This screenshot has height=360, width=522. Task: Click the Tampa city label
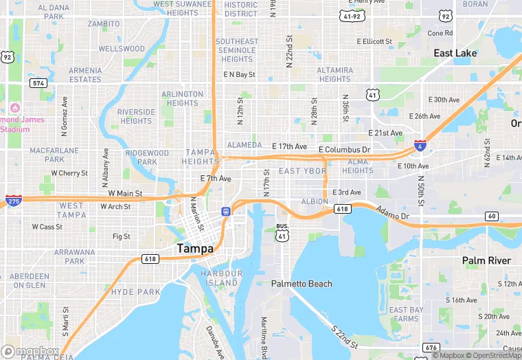click(x=195, y=248)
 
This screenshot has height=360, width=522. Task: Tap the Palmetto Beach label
click(x=302, y=284)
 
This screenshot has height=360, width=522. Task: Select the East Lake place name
click(x=455, y=53)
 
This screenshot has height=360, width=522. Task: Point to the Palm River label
click(x=486, y=260)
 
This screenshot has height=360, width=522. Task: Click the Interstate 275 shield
click(x=13, y=200)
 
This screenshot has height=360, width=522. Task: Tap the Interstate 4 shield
click(x=420, y=145)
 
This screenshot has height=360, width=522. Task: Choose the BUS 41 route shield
click(x=282, y=233)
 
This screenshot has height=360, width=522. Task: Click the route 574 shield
click(x=38, y=82)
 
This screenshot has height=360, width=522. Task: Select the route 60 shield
click(x=491, y=216)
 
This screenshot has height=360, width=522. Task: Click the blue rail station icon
click(x=226, y=211)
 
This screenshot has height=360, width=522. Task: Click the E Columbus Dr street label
click(x=344, y=149)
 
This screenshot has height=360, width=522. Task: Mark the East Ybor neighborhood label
click(x=302, y=170)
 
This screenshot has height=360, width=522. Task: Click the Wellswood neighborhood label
click(x=122, y=49)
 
